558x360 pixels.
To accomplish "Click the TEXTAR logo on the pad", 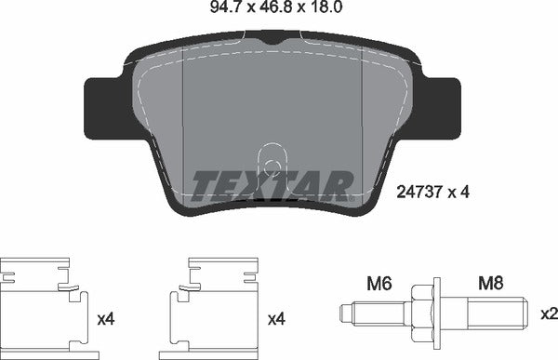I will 272,186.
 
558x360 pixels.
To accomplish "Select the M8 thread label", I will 490,280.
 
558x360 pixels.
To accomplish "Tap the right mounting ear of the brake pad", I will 445,108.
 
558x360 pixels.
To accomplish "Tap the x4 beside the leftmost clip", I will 107,319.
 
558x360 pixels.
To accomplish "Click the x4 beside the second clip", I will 275,319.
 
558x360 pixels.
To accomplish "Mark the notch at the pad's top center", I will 272,37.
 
